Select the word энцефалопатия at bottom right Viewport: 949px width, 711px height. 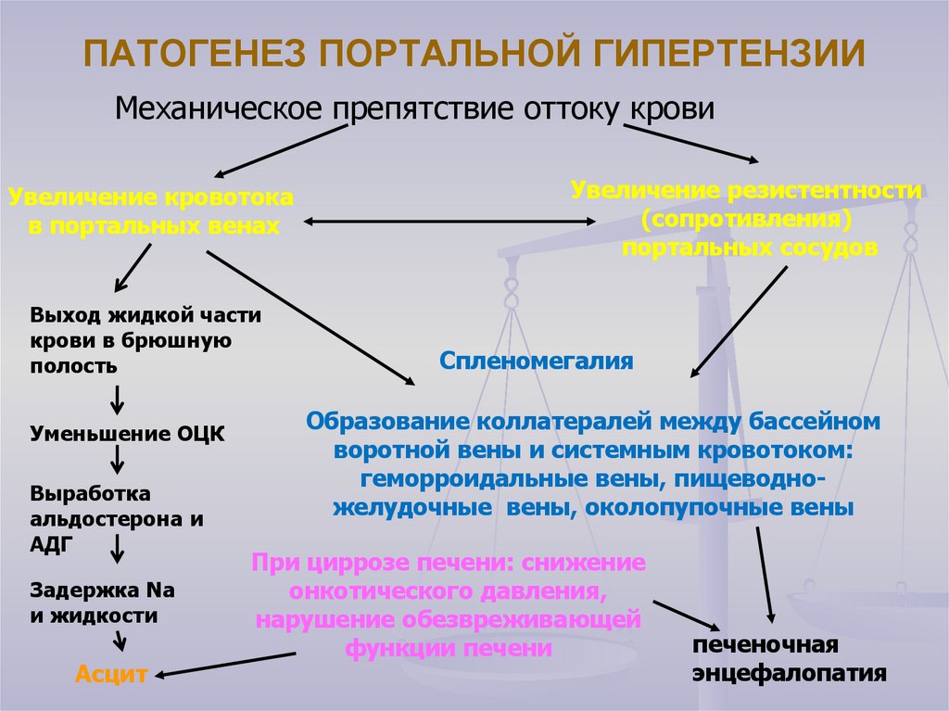(790, 671)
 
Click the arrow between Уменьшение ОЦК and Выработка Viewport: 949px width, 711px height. (119, 459)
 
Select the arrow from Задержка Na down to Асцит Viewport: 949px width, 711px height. (119, 641)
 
